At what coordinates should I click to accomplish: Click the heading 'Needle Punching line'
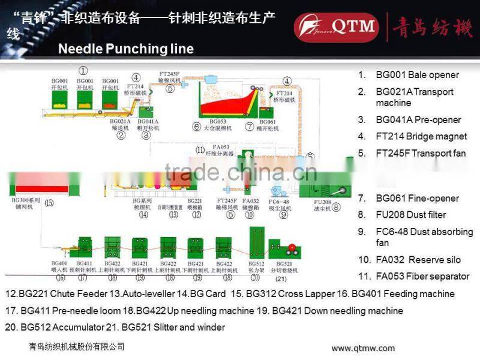pyautogui.click(x=125, y=49)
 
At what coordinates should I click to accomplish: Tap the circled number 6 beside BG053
pyautogui.click(x=196, y=127)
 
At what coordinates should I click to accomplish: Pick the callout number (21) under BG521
pyautogui.click(x=281, y=279)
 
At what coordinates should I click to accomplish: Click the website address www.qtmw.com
pyautogui.click(x=363, y=348)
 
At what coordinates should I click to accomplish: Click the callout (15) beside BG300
pyautogui.click(x=49, y=203)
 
